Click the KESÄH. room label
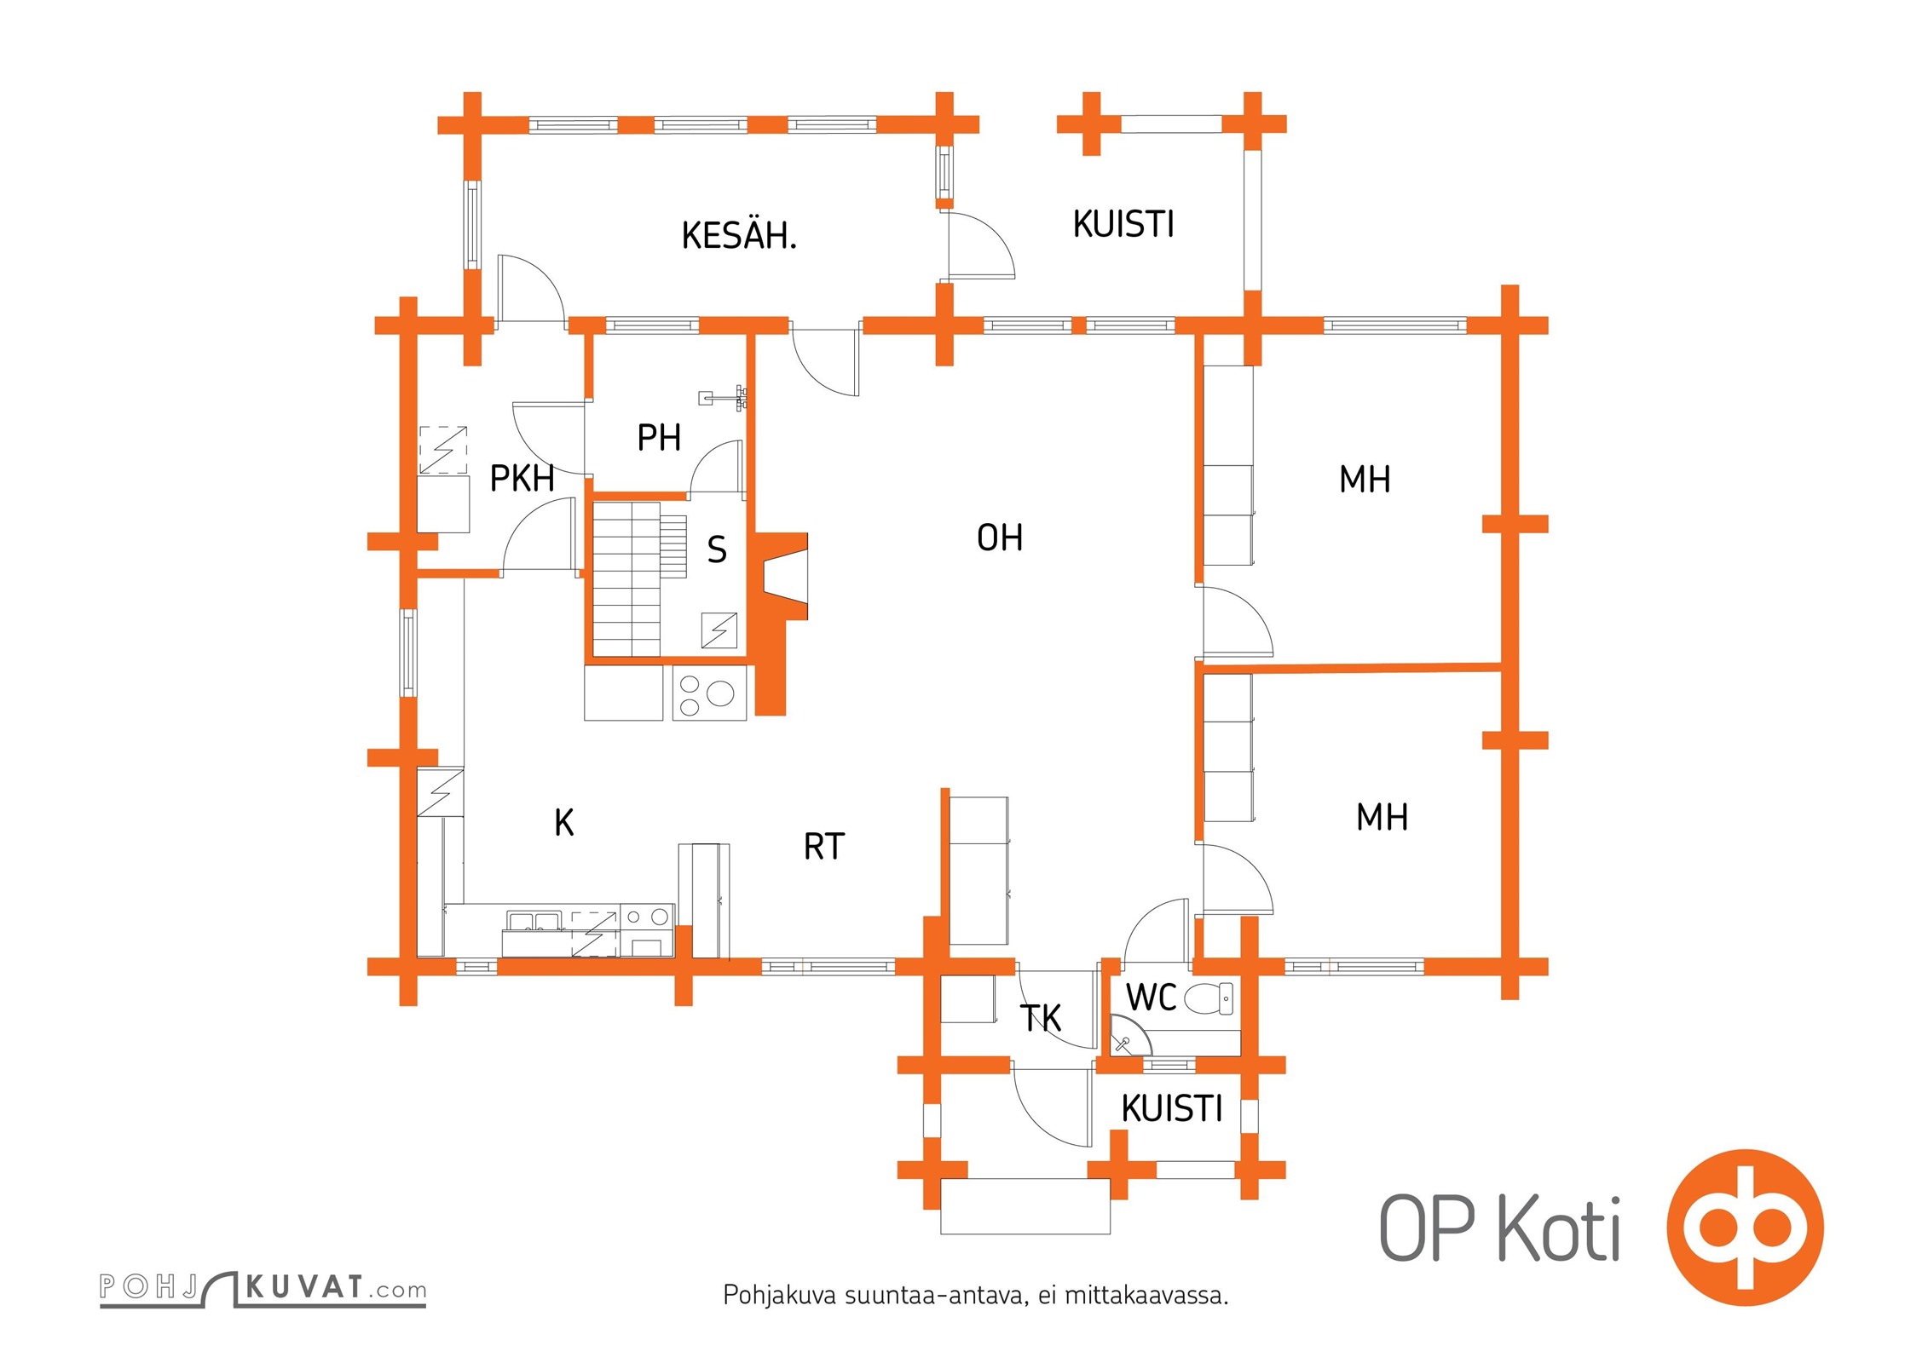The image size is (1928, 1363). click(739, 235)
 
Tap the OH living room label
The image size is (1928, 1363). click(1000, 538)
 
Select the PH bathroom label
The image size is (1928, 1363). click(659, 438)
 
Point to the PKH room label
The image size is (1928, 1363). click(522, 479)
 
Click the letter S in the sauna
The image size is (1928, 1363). click(717, 550)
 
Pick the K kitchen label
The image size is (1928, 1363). click(563, 823)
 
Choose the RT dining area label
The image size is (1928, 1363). click(823, 847)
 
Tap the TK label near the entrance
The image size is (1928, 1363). click(1041, 1018)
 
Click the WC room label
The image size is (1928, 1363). click(1151, 998)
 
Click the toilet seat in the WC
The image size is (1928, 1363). click(1209, 998)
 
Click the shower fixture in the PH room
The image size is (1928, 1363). click(724, 397)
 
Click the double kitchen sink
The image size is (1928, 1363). click(534, 921)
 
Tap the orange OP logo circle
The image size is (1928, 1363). click(1745, 1227)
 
